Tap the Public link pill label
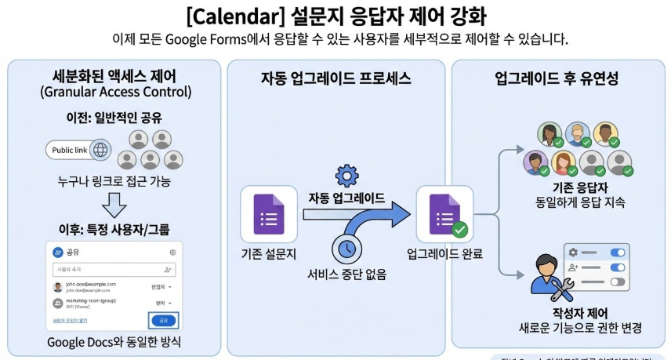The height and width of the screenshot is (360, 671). pos(68,150)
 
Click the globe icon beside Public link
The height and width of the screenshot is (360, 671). pos(101,150)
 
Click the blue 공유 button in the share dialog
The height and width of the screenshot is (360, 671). pos(163,320)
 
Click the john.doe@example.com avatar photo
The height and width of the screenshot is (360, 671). pos(58,287)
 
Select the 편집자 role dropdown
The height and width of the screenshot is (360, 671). pos(160,287)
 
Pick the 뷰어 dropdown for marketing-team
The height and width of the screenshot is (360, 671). pos(161,304)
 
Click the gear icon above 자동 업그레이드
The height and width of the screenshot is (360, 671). pos(345,175)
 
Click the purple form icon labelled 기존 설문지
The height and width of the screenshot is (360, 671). pos(269,213)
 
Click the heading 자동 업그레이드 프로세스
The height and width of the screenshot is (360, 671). pos(335,79)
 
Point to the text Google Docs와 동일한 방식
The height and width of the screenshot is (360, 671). pos(114,342)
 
